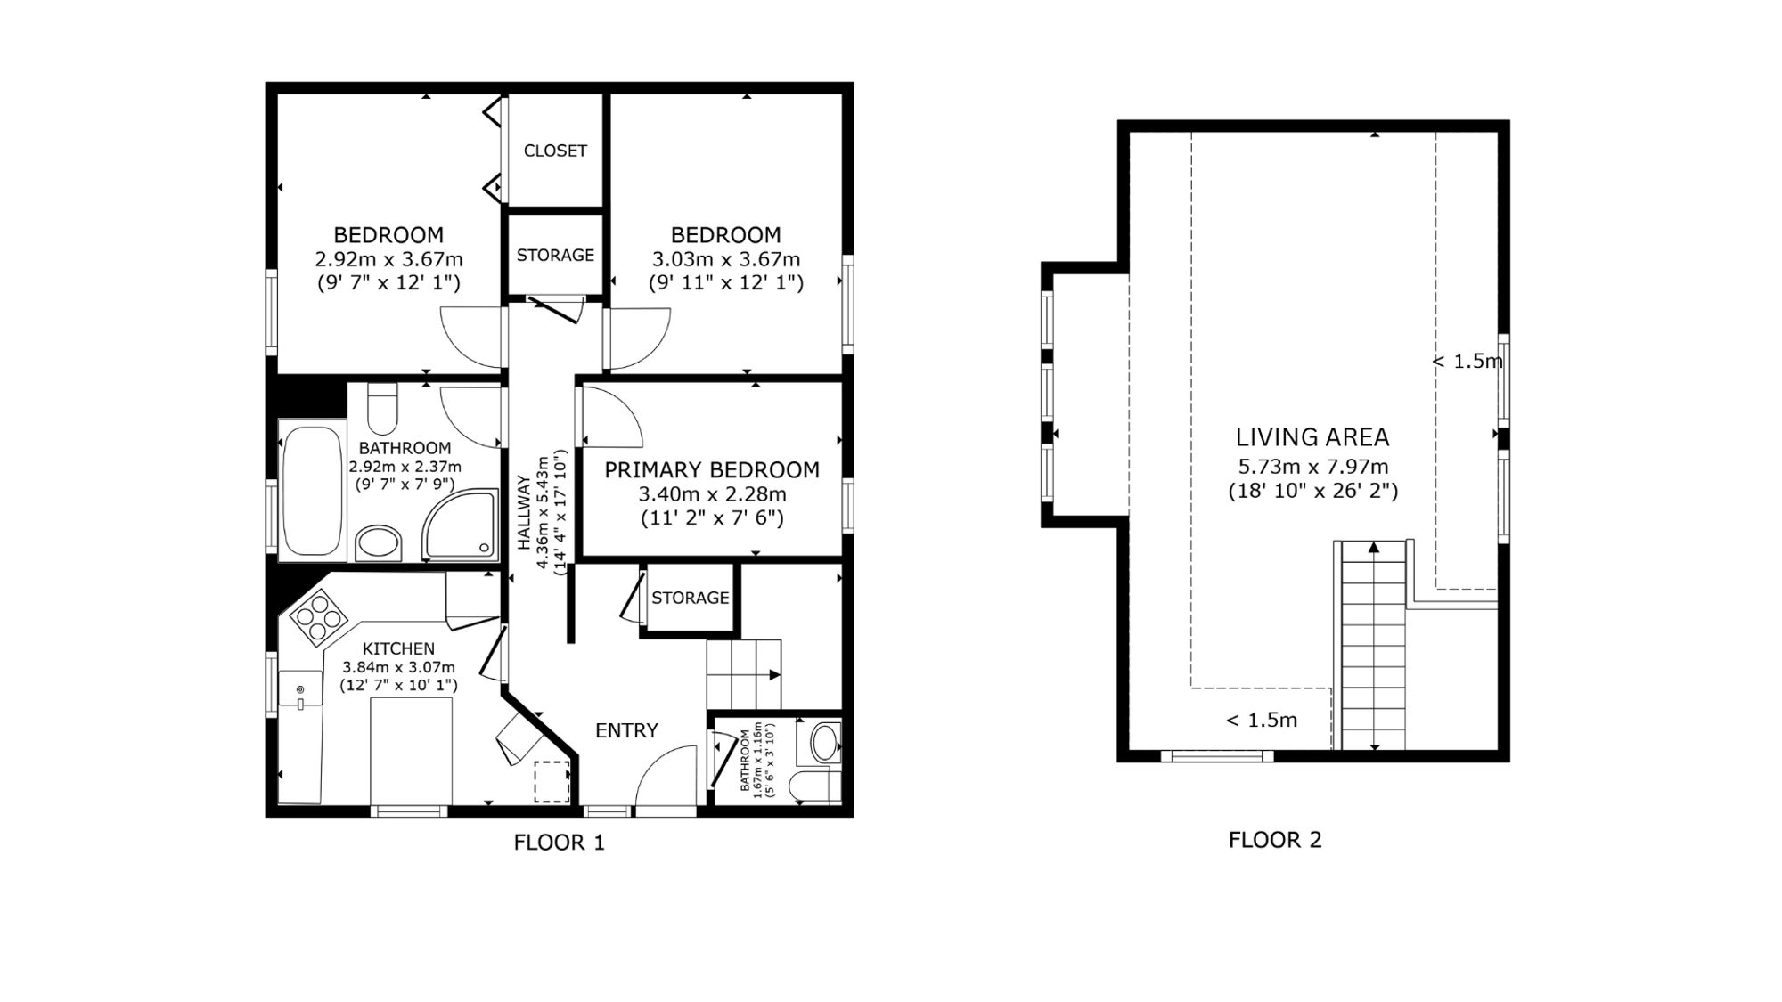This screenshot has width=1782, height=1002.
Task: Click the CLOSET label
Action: pos(555,151)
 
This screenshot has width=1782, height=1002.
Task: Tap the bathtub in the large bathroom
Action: pos(313,491)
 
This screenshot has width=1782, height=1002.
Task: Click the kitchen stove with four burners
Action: pos(318,615)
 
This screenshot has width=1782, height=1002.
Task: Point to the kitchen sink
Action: pos(300,688)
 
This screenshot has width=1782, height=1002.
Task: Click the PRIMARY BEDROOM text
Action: pos(712,469)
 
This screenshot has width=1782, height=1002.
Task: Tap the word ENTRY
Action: pos(626,730)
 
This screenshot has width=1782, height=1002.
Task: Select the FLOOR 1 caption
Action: pos(560,843)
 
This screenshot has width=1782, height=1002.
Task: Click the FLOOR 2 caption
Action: pos(1275,840)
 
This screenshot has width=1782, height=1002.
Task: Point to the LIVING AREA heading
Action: pos(1312,437)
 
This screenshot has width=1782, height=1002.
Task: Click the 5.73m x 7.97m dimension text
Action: pos(1313,467)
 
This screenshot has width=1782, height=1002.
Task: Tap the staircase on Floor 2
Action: pos(1373,645)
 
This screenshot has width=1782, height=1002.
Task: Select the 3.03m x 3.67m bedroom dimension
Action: pos(726,260)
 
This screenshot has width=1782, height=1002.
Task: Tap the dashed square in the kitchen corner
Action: pos(552,781)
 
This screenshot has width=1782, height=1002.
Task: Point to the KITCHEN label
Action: pos(398,649)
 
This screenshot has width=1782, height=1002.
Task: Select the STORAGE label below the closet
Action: pos(555,256)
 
